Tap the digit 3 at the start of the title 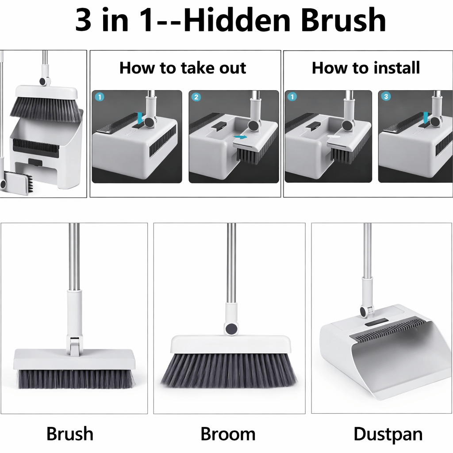click(x=84, y=21)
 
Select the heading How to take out click(x=183, y=68)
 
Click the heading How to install click(x=366, y=68)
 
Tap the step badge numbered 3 click(x=386, y=97)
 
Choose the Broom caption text click(x=228, y=434)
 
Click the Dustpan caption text click(x=388, y=434)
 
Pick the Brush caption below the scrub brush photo click(x=70, y=434)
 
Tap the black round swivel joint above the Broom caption click(x=231, y=329)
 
